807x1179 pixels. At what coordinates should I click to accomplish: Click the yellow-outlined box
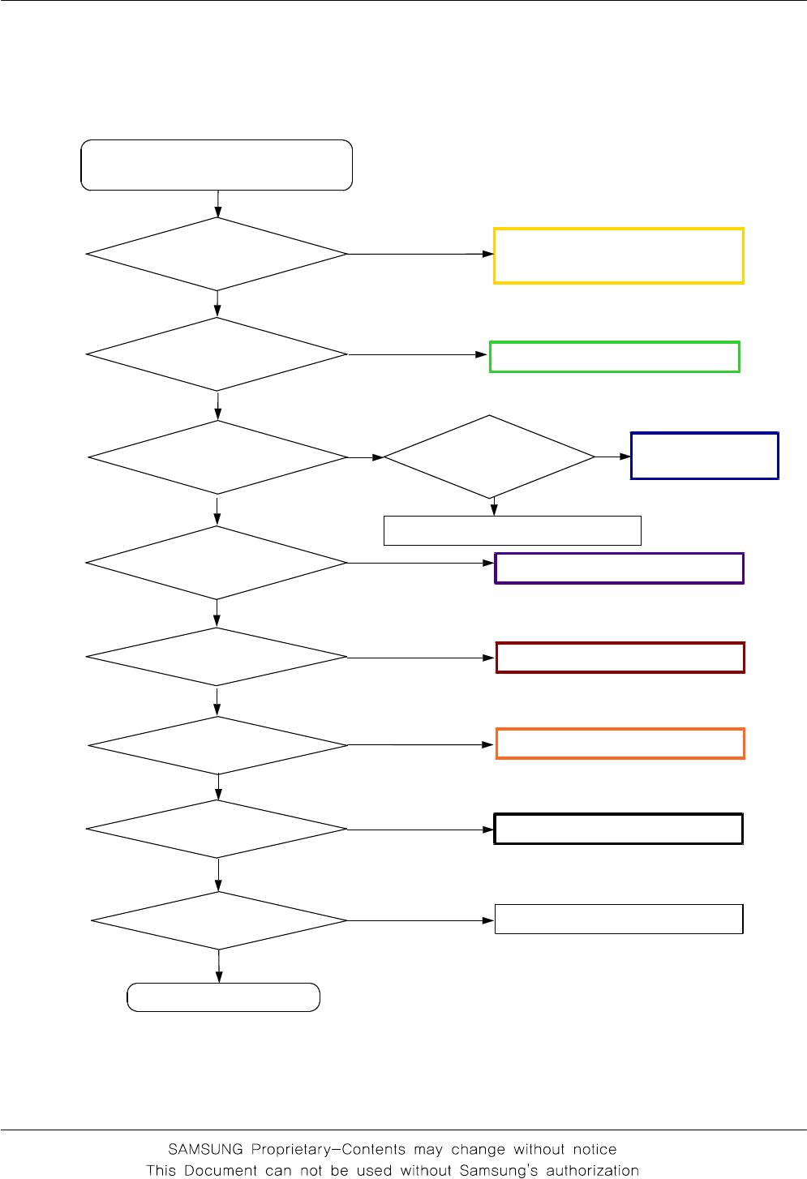pyautogui.click(x=618, y=255)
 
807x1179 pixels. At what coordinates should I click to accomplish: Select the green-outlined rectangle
pyautogui.click(x=614, y=357)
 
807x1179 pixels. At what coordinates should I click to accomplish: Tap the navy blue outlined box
pyautogui.click(x=704, y=456)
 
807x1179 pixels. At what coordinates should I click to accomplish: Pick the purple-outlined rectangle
pyautogui.click(x=619, y=568)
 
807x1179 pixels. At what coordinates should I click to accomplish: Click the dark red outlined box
pyautogui.click(x=620, y=658)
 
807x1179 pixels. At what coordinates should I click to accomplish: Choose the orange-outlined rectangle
pyautogui.click(x=620, y=744)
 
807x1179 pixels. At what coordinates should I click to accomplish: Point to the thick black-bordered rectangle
pyautogui.click(x=618, y=829)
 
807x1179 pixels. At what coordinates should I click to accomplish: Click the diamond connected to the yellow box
pyautogui.click(x=217, y=254)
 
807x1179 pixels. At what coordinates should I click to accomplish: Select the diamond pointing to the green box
pyautogui.click(x=217, y=354)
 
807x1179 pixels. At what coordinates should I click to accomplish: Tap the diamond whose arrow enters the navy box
pyautogui.click(x=489, y=457)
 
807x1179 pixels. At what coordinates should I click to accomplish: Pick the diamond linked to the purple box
pyautogui.click(x=217, y=563)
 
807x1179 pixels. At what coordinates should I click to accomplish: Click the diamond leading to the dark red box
pyautogui.click(x=217, y=657)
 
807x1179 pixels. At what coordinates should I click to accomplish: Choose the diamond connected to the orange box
pyautogui.click(x=217, y=745)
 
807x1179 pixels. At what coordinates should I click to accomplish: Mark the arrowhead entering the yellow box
pyautogui.click(x=488, y=254)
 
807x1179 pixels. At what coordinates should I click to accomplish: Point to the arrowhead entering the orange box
pyautogui.click(x=489, y=744)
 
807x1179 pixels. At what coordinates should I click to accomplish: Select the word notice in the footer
pyautogui.click(x=595, y=1149)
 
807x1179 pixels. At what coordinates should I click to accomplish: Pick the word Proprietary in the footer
pyautogui.click(x=293, y=1149)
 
